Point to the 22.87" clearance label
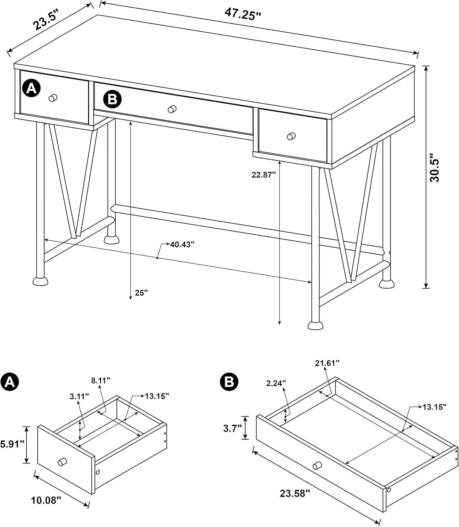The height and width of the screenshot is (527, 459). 263,175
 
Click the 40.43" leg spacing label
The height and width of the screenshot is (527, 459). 182,245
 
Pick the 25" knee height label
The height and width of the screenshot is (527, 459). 141,293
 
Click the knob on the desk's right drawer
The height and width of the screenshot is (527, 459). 291,136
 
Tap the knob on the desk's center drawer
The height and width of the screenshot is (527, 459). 172,109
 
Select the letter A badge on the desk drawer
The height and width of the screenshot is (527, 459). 32,88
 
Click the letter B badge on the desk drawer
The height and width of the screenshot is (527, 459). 112,99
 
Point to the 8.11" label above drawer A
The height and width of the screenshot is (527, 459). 101,380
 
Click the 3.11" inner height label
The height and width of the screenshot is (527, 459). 79,396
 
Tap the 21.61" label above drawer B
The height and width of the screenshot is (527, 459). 327,363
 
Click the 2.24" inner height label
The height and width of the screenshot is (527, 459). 276,383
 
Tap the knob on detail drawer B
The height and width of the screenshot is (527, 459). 317,466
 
